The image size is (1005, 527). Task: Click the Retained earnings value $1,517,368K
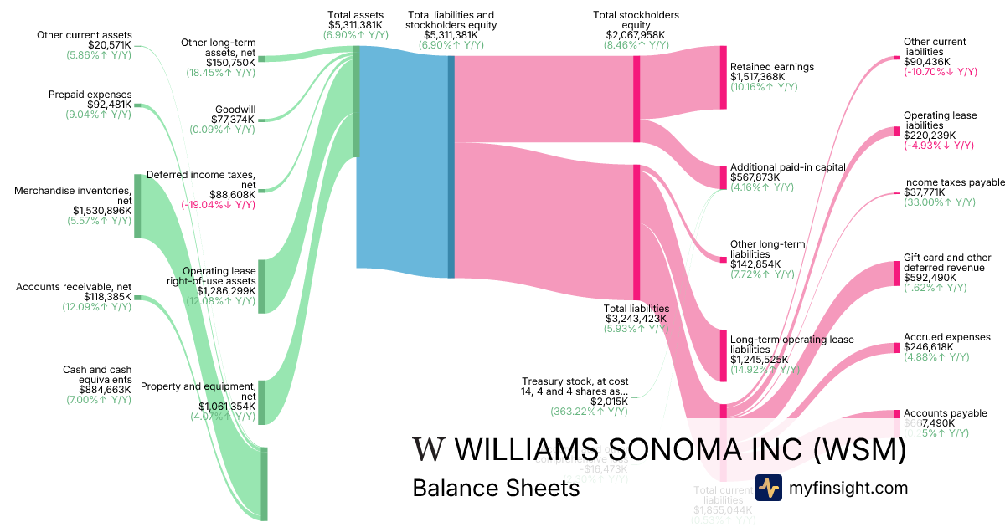tap(758, 77)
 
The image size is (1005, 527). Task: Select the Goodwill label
tap(235, 110)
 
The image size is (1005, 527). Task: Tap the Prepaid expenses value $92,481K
tap(110, 105)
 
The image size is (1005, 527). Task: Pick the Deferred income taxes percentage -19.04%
tap(218, 203)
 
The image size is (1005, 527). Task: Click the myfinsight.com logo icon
tap(768, 488)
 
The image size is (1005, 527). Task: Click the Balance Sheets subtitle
tap(496, 488)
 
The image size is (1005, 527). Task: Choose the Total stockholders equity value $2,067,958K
tap(636, 35)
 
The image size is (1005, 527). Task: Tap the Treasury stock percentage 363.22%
tap(589, 412)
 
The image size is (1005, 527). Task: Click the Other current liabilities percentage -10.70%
tap(939, 72)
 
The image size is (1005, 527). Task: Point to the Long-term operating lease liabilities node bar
tap(723, 356)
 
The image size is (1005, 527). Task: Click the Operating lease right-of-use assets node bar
tap(261, 286)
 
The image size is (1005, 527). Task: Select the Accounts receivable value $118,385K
tap(108, 296)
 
